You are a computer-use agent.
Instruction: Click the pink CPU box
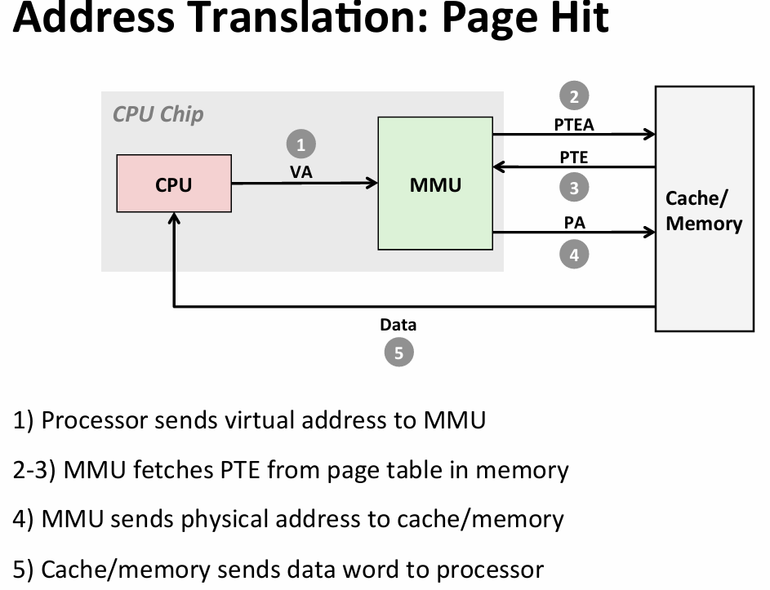(x=174, y=184)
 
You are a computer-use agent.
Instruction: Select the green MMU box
(x=435, y=184)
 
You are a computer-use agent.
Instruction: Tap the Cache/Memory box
(x=704, y=209)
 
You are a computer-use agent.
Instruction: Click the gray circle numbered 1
(x=300, y=145)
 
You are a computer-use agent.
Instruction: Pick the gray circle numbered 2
(x=574, y=96)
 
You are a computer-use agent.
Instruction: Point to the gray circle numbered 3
(x=574, y=188)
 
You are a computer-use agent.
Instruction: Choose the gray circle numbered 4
(x=574, y=255)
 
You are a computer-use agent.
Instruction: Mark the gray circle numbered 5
(x=398, y=353)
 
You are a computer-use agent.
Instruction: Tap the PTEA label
(x=574, y=125)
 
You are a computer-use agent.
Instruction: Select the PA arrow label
(x=574, y=222)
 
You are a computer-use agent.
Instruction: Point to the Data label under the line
(x=398, y=325)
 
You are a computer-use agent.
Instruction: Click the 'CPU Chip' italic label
(x=158, y=114)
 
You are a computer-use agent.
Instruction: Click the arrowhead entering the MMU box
(x=372, y=184)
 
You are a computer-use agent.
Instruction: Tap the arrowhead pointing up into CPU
(x=174, y=219)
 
